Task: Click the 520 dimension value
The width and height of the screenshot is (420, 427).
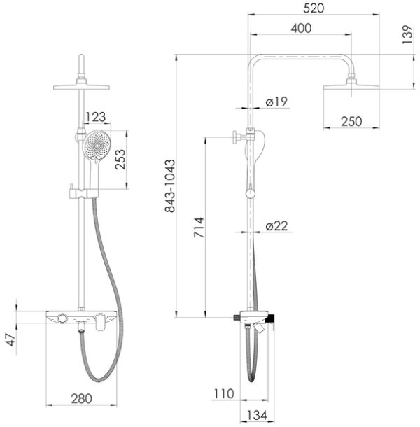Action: (x=314, y=8)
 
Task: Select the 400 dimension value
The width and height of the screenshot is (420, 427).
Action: (x=301, y=28)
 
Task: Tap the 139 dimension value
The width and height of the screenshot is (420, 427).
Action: (x=407, y=34)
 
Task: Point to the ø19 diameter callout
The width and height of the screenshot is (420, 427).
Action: (x=276, y=101)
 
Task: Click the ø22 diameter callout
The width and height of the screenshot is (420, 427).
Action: (x=276, y=226)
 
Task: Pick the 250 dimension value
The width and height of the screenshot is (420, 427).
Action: (x=351, y=122)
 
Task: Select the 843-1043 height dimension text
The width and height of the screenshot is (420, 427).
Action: (x=170, y=186)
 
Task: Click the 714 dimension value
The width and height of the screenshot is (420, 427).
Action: (x=199, y=227)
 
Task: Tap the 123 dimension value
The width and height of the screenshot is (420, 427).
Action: (x=95, y=117)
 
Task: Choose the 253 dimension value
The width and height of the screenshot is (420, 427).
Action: (x=120, y=160)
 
